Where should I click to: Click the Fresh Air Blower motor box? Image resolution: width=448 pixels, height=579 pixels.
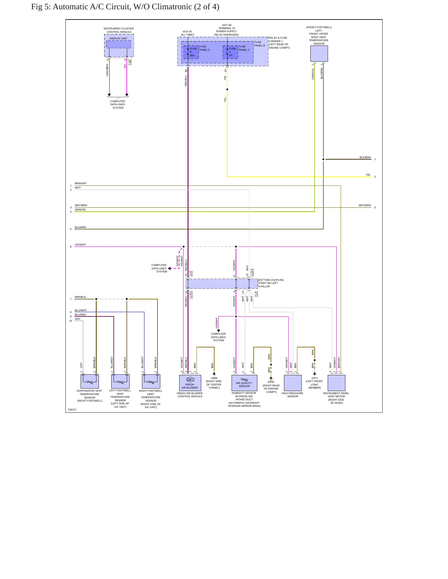(x=190, y=383)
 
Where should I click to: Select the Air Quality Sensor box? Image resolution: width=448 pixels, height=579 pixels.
(x=244, y=383)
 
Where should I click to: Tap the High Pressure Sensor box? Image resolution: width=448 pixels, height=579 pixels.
(x=293, y=383)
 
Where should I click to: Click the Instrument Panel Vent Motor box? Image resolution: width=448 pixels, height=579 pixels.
(x=336, y=383)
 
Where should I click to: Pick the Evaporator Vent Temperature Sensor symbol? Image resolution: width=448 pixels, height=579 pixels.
(x=90, y=381)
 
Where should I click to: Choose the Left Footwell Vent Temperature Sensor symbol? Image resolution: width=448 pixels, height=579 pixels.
(x=120, y=381)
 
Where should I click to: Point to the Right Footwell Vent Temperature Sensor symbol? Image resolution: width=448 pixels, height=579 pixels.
(x=151, y=381)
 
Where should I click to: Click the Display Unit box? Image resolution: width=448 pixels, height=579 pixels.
(x=118, y=44)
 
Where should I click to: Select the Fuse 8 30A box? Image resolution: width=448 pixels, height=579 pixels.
(x=191, y=52)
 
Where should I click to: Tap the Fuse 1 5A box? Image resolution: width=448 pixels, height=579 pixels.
(x=230, y=52)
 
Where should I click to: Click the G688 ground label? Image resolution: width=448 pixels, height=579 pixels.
(x=214, y=378)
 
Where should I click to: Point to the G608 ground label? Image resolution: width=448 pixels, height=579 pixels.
(x=271, y=382)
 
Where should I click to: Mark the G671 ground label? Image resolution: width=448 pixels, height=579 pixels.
(x=315, y=378)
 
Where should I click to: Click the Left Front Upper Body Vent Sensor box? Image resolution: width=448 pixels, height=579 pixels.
(x=319, y=54)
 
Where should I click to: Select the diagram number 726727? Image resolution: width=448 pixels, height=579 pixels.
(x=72, y=410)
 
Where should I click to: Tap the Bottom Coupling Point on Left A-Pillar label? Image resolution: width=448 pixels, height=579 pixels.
(x=271, y=283)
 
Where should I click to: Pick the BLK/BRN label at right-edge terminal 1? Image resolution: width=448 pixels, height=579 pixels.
(x=365, y=157)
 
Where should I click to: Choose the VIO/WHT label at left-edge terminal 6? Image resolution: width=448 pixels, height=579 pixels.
(x=80, y=245)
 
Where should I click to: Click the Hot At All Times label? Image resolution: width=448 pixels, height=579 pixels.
(x=187, y=33)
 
